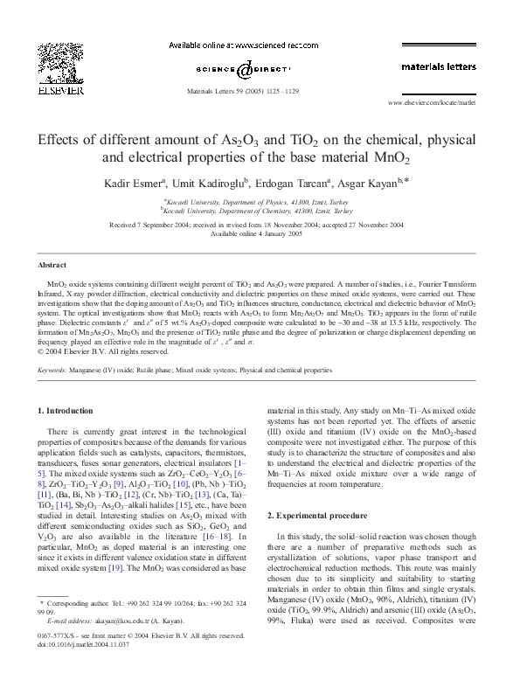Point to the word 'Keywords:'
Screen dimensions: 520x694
point(53,371)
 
